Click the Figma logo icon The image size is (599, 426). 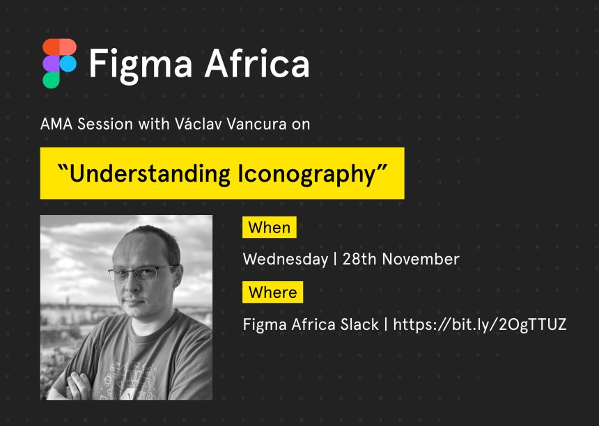tap(60, 63)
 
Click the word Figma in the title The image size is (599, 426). tap(140, 64)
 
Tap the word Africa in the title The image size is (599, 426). tap(257, 63)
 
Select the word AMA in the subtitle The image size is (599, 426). tap(56, 124)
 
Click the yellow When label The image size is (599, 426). tap(270, 228)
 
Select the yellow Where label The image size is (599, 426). tap(273, 292)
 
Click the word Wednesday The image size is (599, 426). tap(286, 260)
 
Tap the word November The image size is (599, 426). tap(421, 259)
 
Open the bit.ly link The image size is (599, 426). tap(480, 324)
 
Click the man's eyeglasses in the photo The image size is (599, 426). tap(143, 273)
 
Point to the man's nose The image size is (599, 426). tap(132, 287)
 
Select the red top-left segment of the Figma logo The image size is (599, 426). tap(51, 47)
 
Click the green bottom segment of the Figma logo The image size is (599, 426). tap(51, 80)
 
